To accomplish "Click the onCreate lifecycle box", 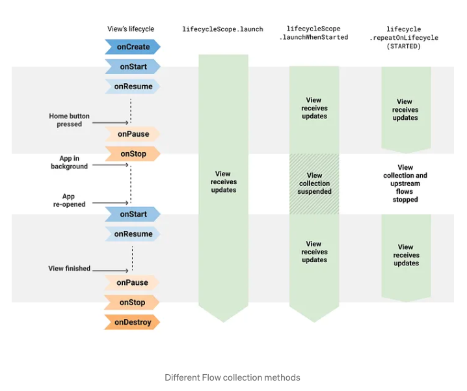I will tap(133, 47).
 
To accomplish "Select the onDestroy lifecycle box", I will tap(132, 322).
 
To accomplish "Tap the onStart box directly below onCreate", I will tap(133, 66).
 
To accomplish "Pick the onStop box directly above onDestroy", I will tap(132, 303).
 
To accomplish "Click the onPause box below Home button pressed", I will tap(133, 134).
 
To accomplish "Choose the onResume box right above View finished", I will tap(133, 234).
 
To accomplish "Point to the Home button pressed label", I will tap(70, 120).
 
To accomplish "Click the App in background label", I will tap(70, 162).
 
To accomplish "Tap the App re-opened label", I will tap(69, 200).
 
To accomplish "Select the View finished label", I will tap(70, 268).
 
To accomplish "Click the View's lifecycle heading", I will tap(131, 29).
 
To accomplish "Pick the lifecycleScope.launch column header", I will tap(222, 29).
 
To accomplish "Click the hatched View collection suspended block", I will tap(314, 183).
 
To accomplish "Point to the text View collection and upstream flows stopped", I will tap(405, 183).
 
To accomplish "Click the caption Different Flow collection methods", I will tap(232, 377).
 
